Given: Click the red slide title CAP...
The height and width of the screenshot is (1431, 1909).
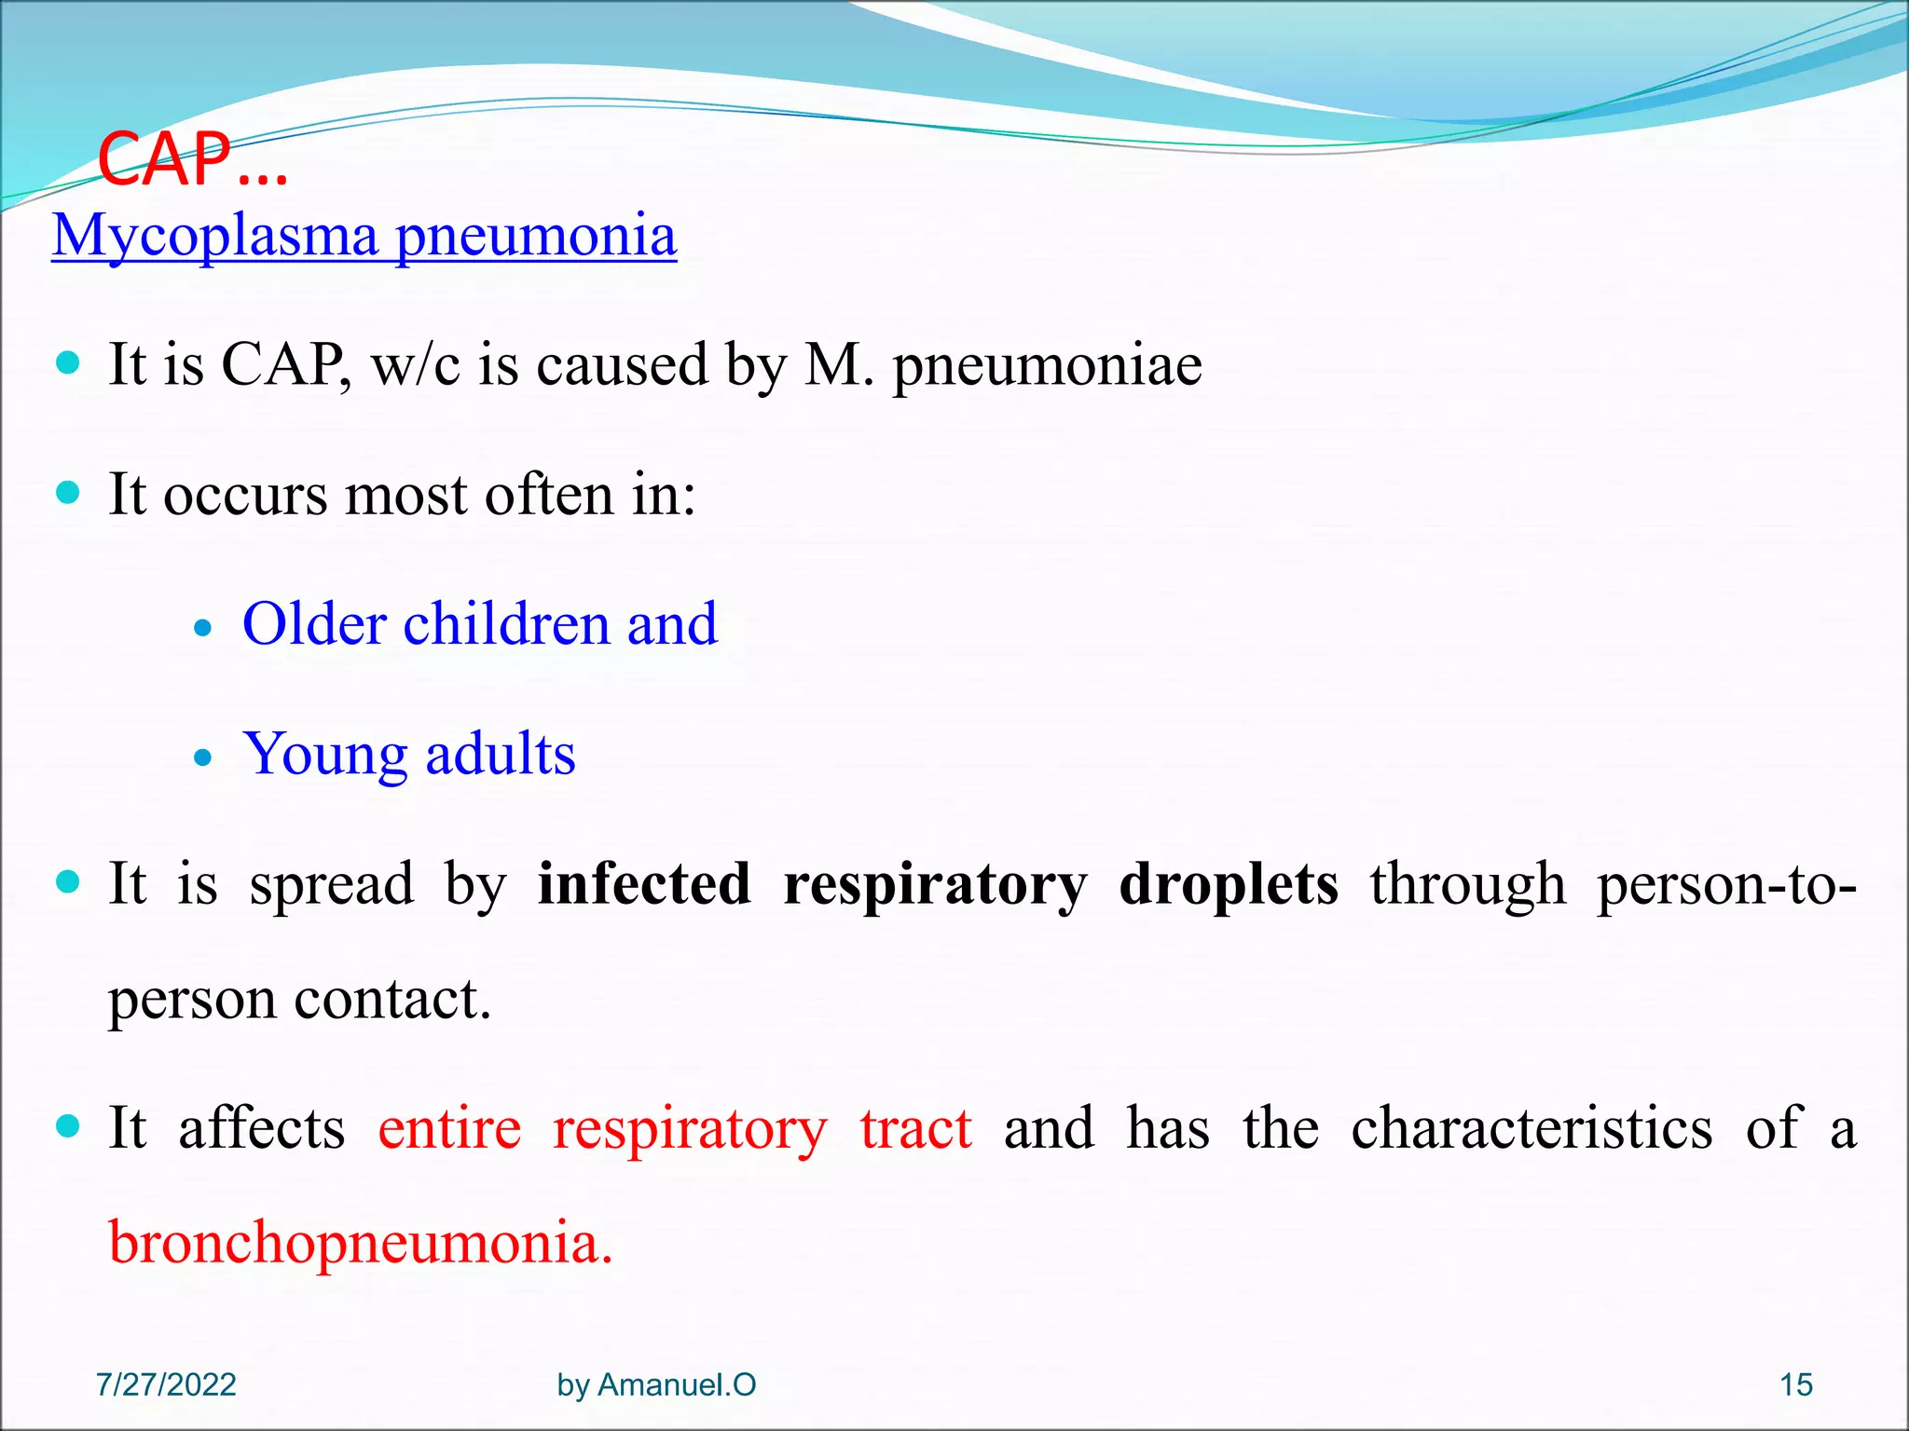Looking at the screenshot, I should coord(191,160).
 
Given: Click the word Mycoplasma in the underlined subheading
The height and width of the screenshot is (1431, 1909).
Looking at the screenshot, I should coord(214,236).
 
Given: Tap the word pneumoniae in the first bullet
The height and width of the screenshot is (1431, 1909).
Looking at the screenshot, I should coord(1047,365).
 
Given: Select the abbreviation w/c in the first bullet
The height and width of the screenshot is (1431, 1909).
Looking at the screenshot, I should coord(416,365).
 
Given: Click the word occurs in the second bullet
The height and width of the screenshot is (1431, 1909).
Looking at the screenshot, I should coord(245,495).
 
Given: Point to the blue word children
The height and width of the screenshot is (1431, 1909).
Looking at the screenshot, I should coord(506,624).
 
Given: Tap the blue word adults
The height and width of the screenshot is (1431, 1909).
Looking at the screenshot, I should coord(501,755).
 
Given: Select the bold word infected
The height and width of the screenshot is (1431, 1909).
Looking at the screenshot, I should coord(644,884).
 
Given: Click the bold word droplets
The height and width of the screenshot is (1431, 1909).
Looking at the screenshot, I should coord(1228,884).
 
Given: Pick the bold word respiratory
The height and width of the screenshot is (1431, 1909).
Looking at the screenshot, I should coord(935,886).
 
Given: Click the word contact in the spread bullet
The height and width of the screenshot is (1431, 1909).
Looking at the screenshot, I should coord(391,1000).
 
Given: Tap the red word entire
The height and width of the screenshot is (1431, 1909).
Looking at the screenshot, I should coord(449,1128).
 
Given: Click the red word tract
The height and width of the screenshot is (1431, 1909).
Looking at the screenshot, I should coord(915,1128).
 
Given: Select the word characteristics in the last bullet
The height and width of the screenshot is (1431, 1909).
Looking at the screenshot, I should coord(1531,1128).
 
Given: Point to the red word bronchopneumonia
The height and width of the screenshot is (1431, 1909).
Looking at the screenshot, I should coord(360,1244).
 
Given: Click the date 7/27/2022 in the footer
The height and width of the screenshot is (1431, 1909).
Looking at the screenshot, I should coord(166,1385).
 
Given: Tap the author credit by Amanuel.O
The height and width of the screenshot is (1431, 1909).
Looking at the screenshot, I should coord(656,1385).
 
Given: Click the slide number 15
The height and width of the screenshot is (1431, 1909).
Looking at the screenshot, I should coord(1796,1385).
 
